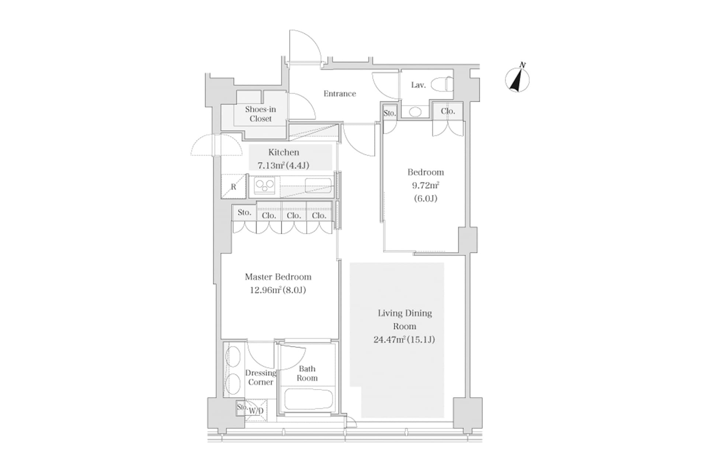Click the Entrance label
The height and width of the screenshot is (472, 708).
coord(340,94)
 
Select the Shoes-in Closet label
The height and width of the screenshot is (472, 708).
coord(260,114)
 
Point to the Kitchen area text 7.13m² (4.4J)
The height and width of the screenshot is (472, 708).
coord(283,166)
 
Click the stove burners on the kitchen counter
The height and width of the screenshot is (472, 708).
coord(264,186)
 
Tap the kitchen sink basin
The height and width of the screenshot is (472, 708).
coord(318,185)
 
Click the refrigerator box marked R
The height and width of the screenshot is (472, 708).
coord(233,187)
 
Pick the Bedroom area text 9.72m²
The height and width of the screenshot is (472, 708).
coord(425,185)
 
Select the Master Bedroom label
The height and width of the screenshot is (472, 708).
coord(278,277)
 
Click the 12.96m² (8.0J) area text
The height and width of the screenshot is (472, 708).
coord(278,290)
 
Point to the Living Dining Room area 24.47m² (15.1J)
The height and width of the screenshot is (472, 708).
coord(404,340)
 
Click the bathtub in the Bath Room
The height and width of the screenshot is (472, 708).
coord(309,399)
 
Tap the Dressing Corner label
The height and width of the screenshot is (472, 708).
coord(260,378)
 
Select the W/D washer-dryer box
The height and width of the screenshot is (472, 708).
coord(257,411)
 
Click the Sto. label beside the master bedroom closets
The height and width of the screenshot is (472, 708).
coord(244,212)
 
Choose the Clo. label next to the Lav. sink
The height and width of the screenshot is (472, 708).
coord(448,111)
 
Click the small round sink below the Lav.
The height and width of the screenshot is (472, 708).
coord(415,111)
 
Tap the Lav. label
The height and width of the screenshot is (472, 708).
coord(418,85)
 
